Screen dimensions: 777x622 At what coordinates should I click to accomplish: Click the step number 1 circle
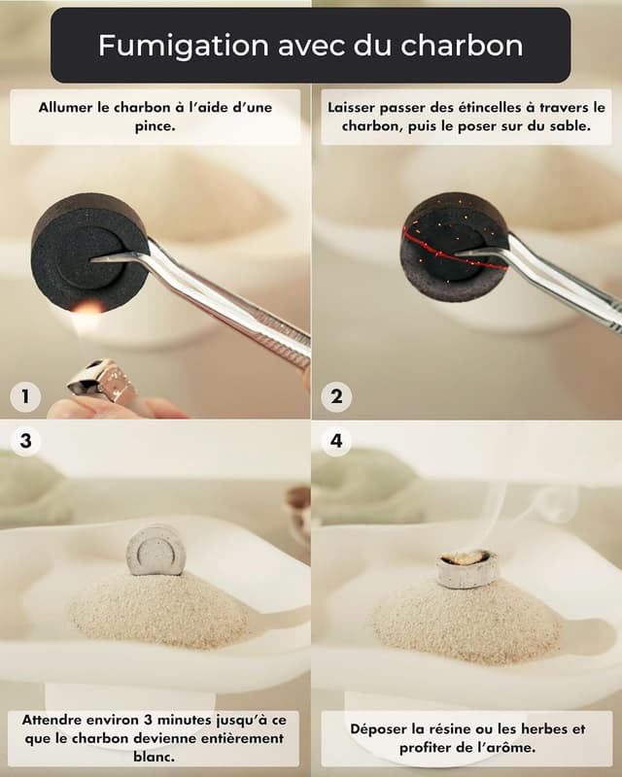coord(25,396)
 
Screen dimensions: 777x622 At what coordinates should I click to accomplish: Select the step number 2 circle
coord(336,396)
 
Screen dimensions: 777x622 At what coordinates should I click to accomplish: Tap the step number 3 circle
coord(25,441)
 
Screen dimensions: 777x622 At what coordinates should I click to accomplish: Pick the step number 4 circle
coord(336,441)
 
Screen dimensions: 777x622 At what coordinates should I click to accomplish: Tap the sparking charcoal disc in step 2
coord(449,248)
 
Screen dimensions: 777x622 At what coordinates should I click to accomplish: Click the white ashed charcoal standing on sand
coord(155,551)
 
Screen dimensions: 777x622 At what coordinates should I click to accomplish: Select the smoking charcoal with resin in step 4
coord(466,568)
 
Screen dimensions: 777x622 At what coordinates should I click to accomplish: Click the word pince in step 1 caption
coord(155,126)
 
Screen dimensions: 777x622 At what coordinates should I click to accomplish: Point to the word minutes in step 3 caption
coord(156,721)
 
